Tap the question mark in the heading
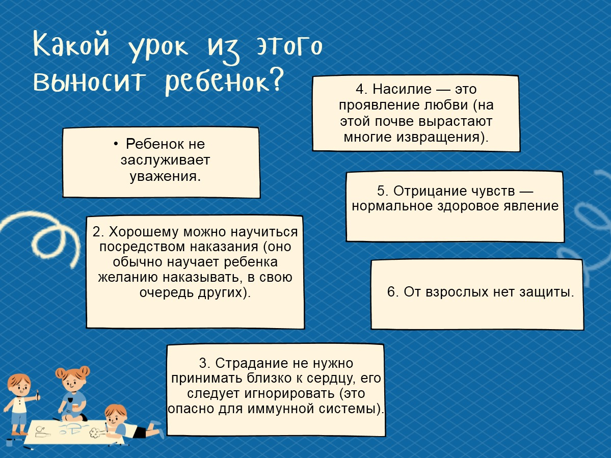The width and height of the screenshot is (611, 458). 276,79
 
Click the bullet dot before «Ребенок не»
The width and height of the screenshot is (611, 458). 116,144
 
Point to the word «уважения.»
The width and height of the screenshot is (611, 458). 165,176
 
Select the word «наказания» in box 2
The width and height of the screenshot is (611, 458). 228,247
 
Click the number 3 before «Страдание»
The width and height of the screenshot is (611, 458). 203,363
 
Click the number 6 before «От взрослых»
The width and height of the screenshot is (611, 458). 391,292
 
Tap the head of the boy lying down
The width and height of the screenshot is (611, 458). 115,415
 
